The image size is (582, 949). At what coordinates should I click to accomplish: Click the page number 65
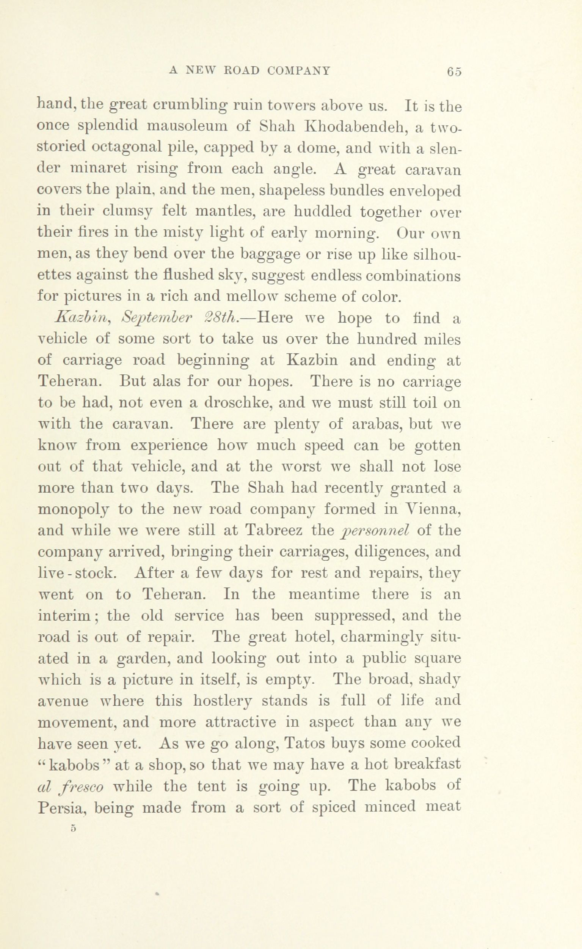click(x=454, y=72)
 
